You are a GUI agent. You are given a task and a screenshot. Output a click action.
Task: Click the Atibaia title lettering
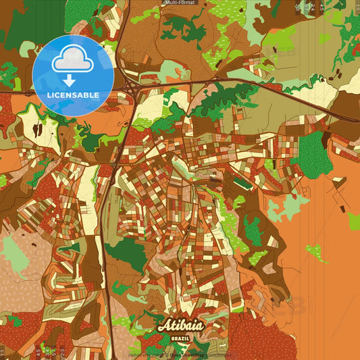pyautogui.click(x=180, y=326)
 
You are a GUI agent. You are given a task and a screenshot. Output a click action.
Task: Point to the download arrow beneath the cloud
pyautogui.click(x=69, y=80)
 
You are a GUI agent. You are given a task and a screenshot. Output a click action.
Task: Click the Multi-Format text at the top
pyautogui.click(x=180, y=3)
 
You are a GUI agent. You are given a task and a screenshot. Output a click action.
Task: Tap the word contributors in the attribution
pyautogui.click(x=215, y=355)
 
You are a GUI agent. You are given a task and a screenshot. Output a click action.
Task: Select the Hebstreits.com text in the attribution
pyautogui.click(x=145, y=355)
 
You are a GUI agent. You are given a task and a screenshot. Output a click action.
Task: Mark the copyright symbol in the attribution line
pyautogui.click(x=166, y=355)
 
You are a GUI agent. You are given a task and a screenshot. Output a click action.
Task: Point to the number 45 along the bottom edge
pyautogui.click(x=38, y=353)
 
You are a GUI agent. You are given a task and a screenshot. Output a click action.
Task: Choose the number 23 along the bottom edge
pyautogui.click(x=63, y=353)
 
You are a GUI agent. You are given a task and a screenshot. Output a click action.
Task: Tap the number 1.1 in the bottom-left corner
pyautogui.click(x=3, y=353)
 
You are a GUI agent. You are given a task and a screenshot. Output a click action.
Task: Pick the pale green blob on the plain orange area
pyautogui.click(x=316, y=253)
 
